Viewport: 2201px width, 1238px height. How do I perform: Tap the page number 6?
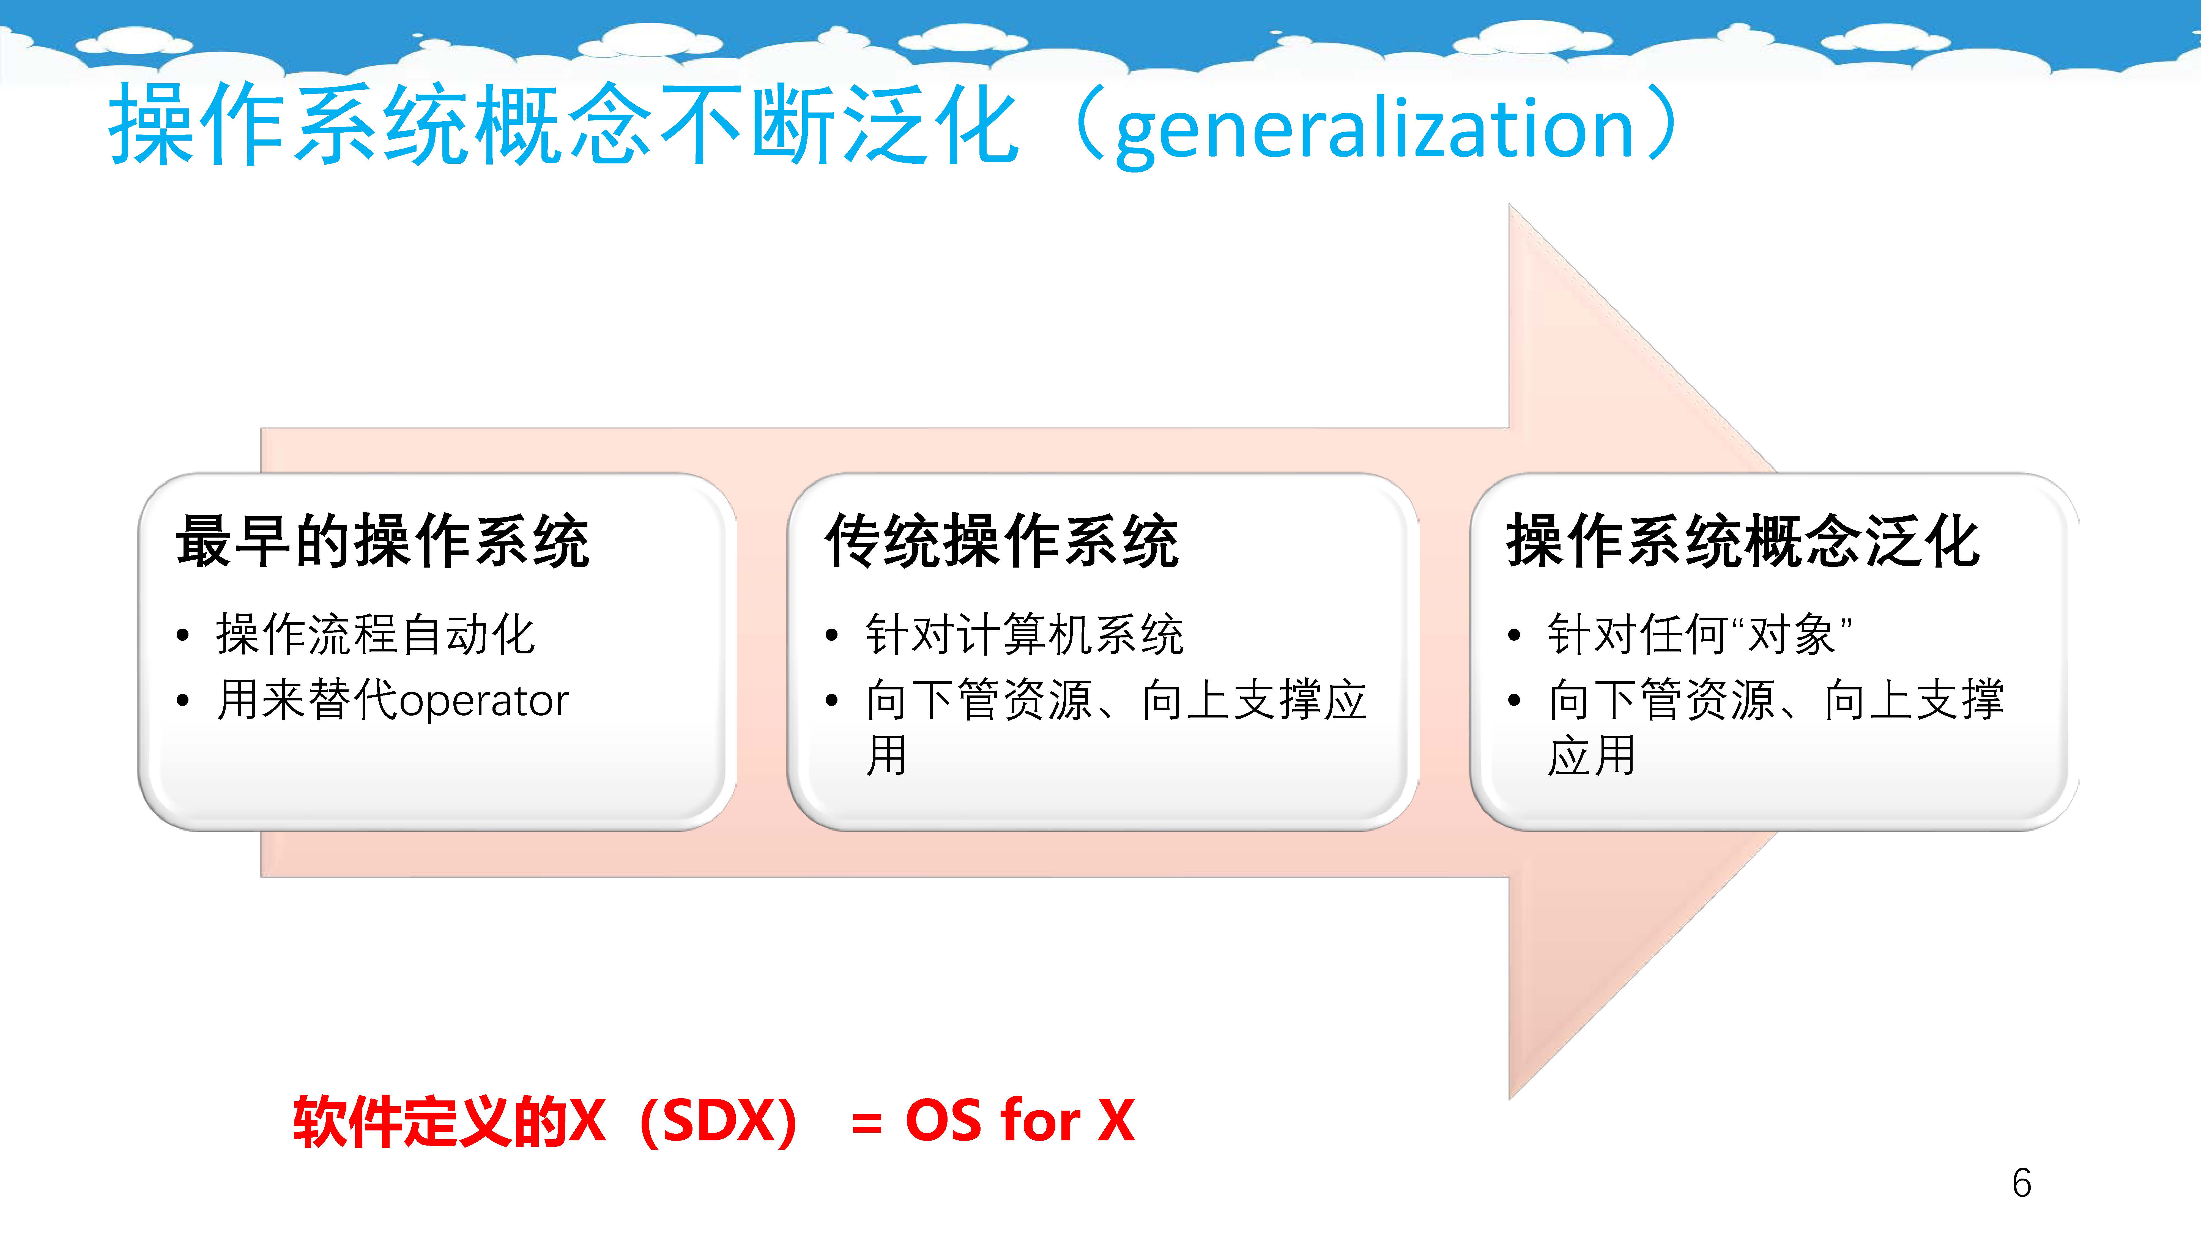2022,1183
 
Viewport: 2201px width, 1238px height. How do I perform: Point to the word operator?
484,702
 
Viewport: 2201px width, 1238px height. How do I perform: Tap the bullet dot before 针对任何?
1514,635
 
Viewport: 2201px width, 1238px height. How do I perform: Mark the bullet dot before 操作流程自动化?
182,635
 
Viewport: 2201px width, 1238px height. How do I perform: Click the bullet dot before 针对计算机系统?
831,635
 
